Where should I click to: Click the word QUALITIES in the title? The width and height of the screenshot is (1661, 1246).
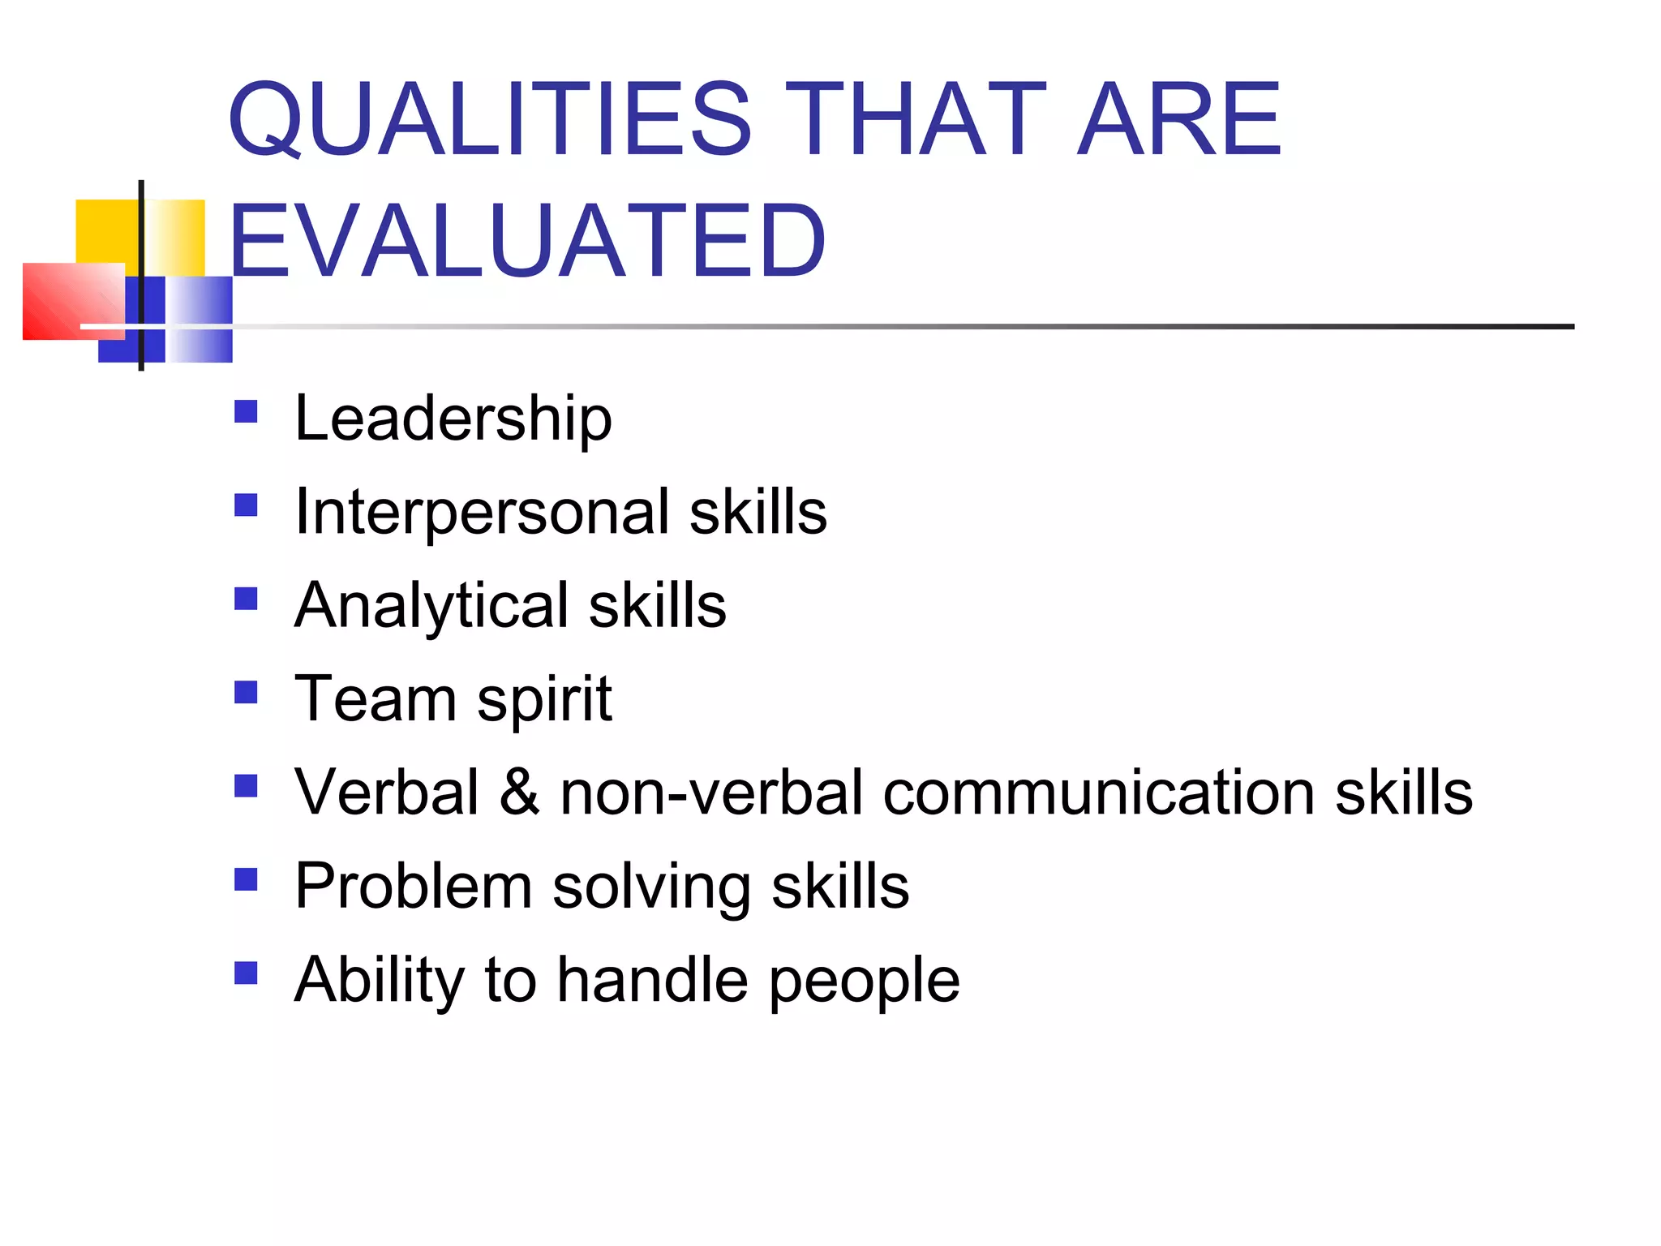point(490,119)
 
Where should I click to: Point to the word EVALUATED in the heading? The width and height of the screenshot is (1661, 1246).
point(527,241)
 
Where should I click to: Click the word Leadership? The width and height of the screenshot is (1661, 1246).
point(453,419)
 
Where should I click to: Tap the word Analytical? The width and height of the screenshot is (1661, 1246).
point(431,605)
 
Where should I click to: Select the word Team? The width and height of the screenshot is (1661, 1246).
point(376,698)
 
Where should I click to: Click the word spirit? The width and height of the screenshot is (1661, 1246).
point(543,700)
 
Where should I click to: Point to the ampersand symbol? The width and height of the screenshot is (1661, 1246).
point(519,792)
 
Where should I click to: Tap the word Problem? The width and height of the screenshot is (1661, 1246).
point(413,886)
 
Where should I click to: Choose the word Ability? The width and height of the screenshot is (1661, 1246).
point(380,980)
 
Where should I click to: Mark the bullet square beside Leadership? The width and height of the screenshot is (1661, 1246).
point(246,412)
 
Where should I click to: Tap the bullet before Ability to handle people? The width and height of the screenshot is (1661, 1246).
point(246,973)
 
